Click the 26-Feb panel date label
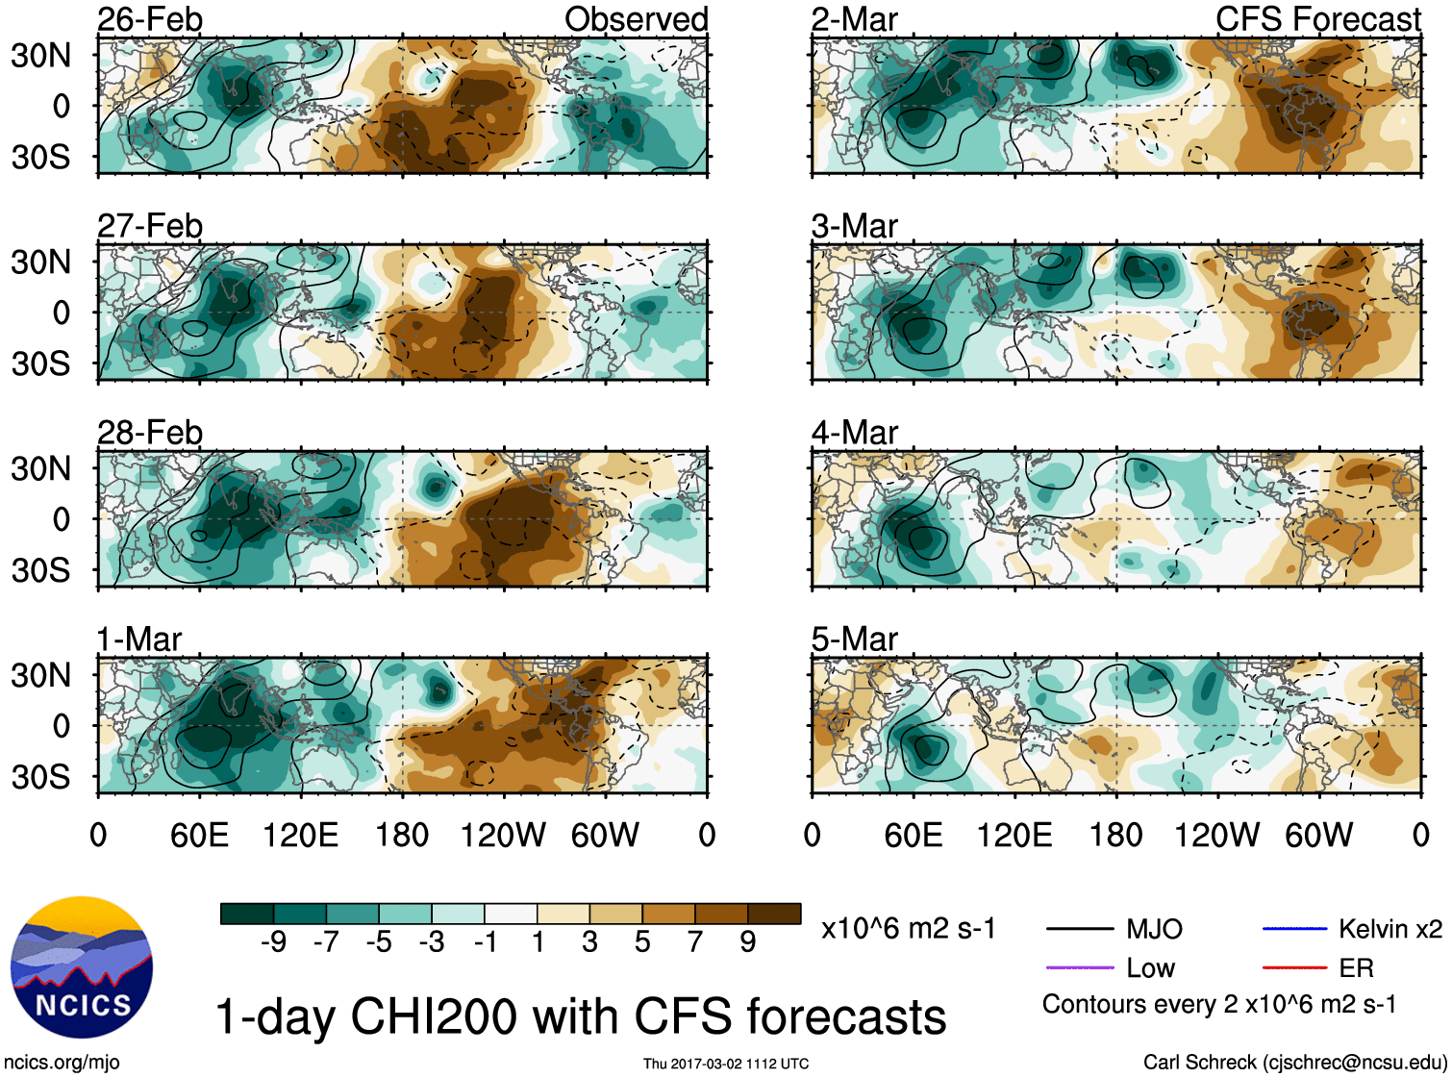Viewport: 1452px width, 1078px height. pos(150,19)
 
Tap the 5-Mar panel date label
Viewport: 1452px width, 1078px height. pos(854,639)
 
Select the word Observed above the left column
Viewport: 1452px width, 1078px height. pos(636,19)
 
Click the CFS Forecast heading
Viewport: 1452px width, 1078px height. pos(1317,19)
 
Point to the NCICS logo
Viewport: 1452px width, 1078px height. pos(82,967)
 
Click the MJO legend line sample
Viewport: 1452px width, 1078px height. pos(1079,929)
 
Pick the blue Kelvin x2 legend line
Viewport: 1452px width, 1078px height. pos(1294,929)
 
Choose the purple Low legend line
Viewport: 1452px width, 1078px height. pos(1079,967)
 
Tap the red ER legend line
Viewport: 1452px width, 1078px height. pos(1294,967)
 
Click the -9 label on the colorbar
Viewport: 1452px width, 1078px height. pos(273,942)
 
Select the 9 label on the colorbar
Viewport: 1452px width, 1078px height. pos(748,942)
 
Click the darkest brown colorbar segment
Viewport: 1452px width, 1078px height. pos(774,914)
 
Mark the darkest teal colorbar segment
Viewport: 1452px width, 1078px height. pos(247,914)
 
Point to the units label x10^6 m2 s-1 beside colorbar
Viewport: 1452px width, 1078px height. pos(909,929)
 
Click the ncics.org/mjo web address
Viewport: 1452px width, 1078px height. pos(62,1063)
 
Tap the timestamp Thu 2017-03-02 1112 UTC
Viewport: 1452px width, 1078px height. pos(726,1064)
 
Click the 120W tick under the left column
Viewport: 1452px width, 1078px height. pos(503,835)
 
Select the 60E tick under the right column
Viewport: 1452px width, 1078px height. pos(914,835)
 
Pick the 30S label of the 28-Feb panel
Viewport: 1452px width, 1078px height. pos(41,570)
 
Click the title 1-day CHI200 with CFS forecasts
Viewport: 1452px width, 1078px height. pos(580,1016)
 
